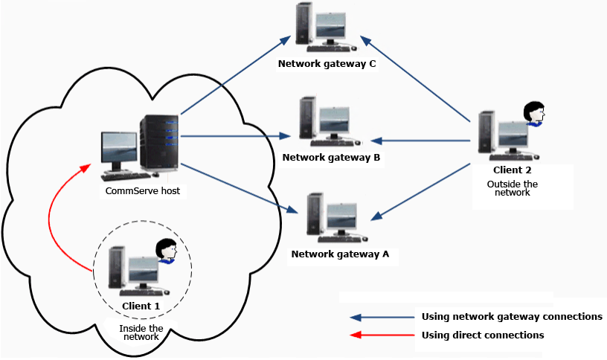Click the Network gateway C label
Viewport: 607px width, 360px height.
pyautogui.click(x=327, y=64)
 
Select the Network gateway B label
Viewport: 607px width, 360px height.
pyautogui.click(x=331, y=158)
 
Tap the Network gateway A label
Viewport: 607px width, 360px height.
pyautogui.click(x=340, y=254)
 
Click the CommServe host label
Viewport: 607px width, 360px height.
pyautogui.click(x=143, y=191)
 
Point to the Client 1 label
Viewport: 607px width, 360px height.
pyautogui.click(x=141, y=306)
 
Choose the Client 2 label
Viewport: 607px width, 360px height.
pyautogui.click(x=512, y=170)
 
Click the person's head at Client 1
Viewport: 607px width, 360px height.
pyautogui.click(x=164, y=251)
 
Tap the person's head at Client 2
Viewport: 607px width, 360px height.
pyautogui.click(x=533, y=113)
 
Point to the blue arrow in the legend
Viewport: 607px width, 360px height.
pyautogui.click(x=383, y=317)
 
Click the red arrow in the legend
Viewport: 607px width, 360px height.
pyautogui.click(x=383, y=335)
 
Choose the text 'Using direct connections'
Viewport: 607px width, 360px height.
pyautogui.click(x=482, y=335)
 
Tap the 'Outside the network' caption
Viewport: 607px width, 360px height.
pyautogui.click(x=512, y=187)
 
